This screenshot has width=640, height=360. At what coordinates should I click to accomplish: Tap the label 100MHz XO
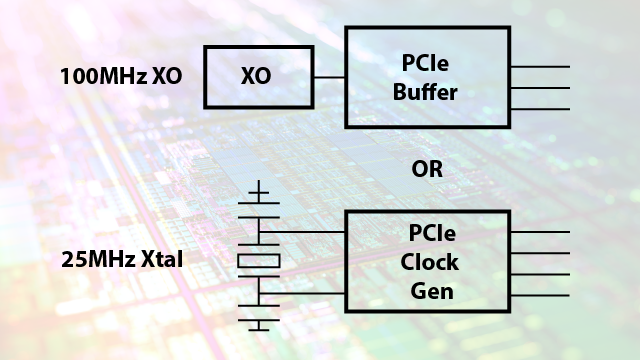(x=121, y=76)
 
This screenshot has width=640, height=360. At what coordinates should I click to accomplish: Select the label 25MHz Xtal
(x=122, y=259)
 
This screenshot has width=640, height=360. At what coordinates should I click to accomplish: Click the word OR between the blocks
(x=427, y=169)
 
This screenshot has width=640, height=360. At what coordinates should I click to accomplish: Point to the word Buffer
(x=425, y=92)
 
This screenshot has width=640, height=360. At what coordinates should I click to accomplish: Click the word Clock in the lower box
(x=429, y=262)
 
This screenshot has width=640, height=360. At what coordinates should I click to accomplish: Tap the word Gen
(x=432, y=291)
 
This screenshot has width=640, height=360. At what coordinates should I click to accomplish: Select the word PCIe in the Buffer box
(x=425, y=63)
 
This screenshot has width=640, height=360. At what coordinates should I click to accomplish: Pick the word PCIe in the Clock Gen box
(x=432, y=233)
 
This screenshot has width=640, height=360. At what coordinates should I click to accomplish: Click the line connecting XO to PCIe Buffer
(x=329, y=77)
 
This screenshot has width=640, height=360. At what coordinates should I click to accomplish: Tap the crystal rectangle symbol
(x=259, y=261)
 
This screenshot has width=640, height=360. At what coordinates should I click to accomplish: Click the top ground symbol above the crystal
(x=259, y=192)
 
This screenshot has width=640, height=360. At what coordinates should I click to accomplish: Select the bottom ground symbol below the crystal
(x=259, y=325)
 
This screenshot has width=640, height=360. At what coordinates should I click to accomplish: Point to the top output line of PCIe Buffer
(x=540, y=67)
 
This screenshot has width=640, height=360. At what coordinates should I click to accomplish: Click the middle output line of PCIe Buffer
(x=540, y=88)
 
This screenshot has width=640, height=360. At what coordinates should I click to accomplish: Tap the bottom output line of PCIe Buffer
(x=540, y=109)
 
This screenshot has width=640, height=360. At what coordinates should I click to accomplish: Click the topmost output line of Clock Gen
(x=540, y=232)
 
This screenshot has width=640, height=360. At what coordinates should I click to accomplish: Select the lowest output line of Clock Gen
(x=540, y=295)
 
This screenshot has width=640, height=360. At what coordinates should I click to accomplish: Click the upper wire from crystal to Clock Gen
(x=302, y=232)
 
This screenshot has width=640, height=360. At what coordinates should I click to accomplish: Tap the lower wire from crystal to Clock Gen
(x=302, y=293)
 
